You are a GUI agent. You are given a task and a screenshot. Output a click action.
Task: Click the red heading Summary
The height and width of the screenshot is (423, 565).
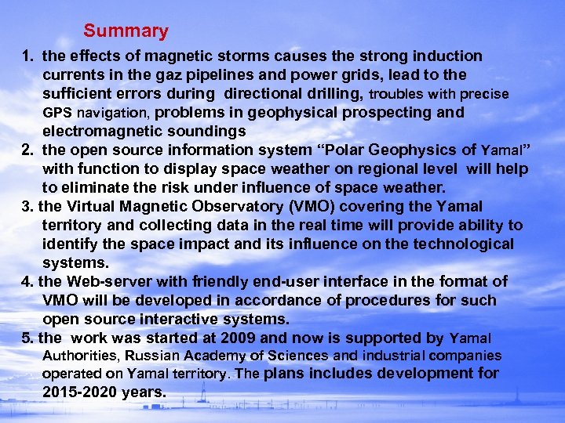(x=126, y=31)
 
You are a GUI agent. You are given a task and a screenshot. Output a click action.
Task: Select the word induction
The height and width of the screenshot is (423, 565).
(x=448, y=56)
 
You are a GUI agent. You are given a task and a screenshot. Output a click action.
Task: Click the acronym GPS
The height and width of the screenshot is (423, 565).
(x=56, y=113)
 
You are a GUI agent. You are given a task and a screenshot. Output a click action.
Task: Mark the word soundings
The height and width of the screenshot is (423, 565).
(x=206, y=131)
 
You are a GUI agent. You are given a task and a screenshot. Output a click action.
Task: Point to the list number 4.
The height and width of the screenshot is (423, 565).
(x=25, y=281)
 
